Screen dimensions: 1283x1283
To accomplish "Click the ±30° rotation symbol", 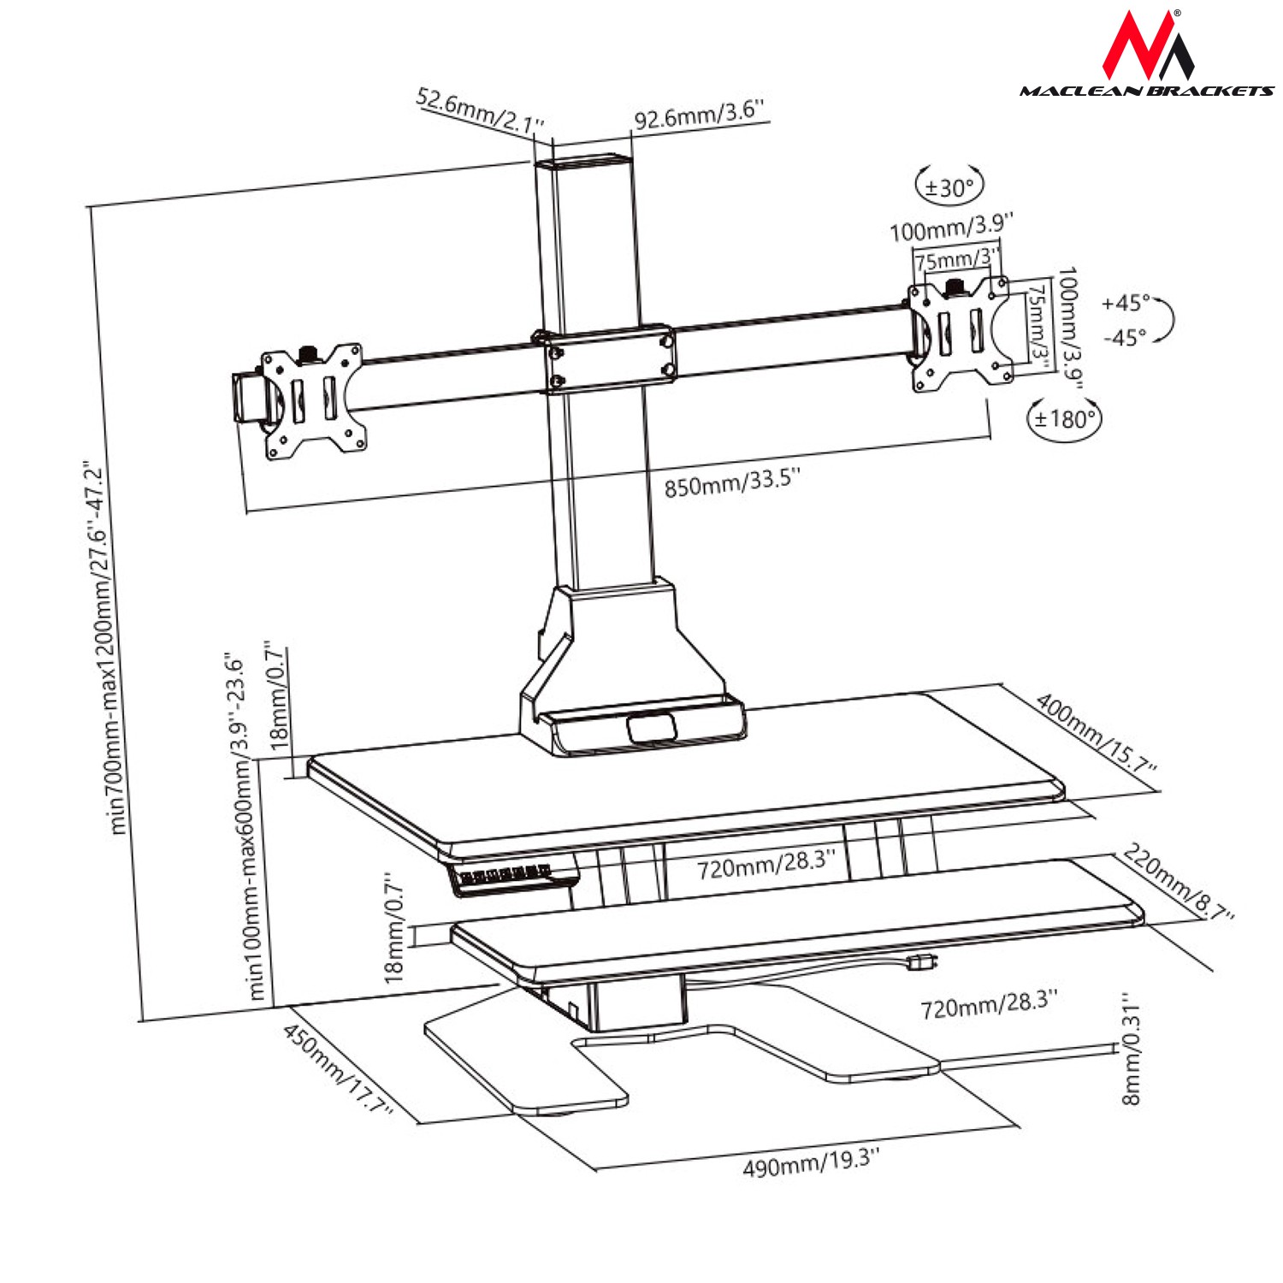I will pyautogui.click(x=949, y=186).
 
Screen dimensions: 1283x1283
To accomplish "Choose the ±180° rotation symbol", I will pyautogui.click(x=1064, y=419).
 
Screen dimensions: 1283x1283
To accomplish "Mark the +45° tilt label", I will pyautogui.click(x=1126, y=304).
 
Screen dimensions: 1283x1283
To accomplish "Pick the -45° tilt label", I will pyautogui.click(x=1124, y=338).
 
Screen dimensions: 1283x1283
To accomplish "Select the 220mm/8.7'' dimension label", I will pyautogui.click(x=1179, y=882).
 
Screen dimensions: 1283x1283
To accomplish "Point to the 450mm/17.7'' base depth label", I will pyautogui.click(x=337, y=1069).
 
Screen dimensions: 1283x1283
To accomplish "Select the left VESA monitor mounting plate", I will pyautogui.click(x=313, y=400).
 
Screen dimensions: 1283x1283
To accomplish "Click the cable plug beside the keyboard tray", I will pyautogui.click(x=920, y=961).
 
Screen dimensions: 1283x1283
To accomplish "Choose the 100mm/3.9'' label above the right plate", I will pyautogui.click(x=951, y=228).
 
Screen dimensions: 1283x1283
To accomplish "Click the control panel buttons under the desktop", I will pyautogui.click(x=505, y=875).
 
